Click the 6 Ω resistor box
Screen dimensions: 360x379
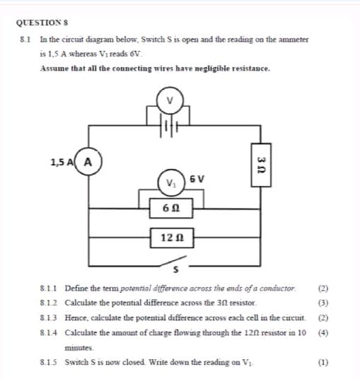click(x=170, y=208)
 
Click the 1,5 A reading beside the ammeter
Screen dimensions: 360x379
click(x=62, y=161)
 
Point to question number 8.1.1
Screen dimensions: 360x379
click(x=50, y=289)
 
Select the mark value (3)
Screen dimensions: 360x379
click(x=324, y=303)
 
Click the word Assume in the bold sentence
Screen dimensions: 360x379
click(x=54, y=68)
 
